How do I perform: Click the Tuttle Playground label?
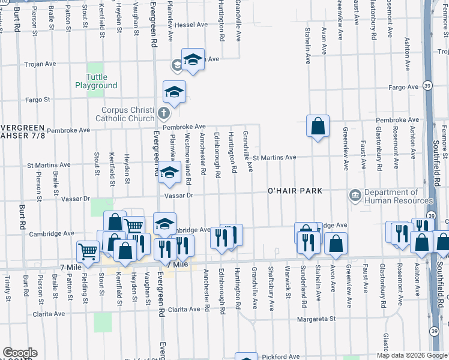(x=96, y=81)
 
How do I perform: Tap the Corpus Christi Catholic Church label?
(x=128, y=114)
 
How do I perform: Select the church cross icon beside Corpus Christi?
(x=163, y=113)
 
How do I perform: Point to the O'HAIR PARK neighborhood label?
(x=295, y=191)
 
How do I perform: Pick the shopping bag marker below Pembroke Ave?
(x=318, y=126)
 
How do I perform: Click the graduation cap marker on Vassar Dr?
(x=169, y=173)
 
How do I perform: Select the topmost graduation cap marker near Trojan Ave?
(x=193, y=59)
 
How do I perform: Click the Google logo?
(x=20, y=353)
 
